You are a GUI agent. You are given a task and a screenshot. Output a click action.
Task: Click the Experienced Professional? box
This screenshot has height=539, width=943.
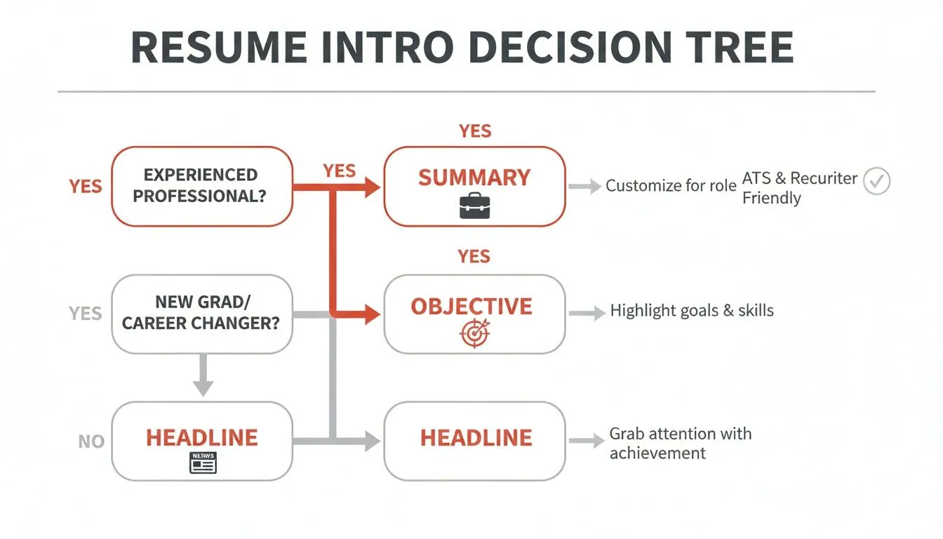point(202,186)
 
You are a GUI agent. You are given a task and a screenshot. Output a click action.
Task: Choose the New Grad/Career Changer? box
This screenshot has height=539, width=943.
point(202,314)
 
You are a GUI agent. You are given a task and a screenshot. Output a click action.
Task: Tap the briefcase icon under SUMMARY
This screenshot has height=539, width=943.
point(474,206)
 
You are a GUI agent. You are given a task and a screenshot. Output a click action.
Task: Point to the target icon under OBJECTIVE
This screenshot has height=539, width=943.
point(474,334)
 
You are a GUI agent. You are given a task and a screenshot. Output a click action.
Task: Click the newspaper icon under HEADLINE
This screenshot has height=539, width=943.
point(203,463)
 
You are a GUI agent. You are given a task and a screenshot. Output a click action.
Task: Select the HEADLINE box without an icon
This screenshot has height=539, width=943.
point(474,441)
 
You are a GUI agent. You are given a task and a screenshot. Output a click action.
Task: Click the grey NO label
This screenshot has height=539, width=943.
point(91,442)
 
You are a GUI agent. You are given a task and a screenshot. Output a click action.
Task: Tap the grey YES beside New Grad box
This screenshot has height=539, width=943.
point(86,314)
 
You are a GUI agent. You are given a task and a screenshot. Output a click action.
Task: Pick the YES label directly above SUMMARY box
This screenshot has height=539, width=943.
point(475,131)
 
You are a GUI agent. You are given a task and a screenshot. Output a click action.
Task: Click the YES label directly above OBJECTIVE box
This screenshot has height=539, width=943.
point(474,256)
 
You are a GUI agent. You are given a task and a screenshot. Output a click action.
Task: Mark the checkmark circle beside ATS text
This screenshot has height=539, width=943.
point(876,181)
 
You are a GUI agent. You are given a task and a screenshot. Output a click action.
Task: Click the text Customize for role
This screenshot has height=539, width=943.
point(671,186)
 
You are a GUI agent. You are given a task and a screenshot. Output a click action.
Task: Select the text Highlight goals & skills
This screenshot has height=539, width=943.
point(692,311)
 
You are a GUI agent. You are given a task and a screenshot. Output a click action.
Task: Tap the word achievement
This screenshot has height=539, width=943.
point(657,453)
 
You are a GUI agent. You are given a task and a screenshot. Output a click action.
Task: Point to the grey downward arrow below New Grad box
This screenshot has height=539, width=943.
point(203,375)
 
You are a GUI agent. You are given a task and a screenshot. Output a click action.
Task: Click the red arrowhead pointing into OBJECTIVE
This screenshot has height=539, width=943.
point(372,316)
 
